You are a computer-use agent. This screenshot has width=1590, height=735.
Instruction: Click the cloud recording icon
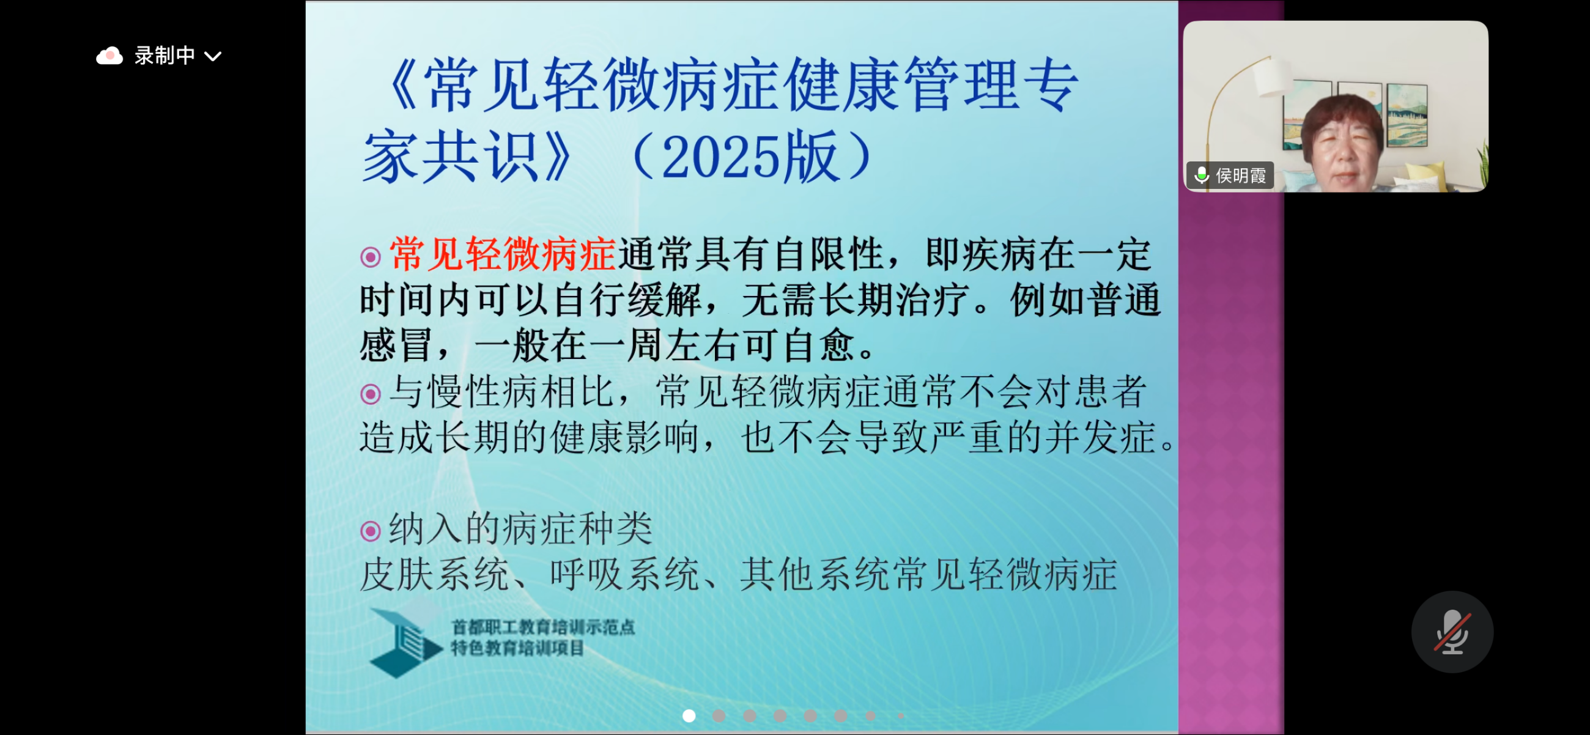[x=109, y=56]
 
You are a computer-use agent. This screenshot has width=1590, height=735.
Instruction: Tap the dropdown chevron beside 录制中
[x=213, y=57]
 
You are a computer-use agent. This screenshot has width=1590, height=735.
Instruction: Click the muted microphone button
[x=1452, y=631]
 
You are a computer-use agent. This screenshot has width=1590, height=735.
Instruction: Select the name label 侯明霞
[x=1241, y=176]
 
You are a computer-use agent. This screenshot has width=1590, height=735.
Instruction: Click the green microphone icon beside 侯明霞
[x=1201, y=176]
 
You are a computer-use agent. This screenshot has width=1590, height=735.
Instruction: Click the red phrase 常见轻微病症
[x=503, y=254]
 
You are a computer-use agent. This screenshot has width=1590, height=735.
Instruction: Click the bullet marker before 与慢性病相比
[x=371, y=394]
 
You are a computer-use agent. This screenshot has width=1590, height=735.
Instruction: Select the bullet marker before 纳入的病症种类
[x=371, y=531]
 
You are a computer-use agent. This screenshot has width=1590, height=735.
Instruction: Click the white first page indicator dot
[x=689, y=715]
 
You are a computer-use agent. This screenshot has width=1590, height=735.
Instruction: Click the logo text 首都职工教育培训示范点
[x=543, y=627]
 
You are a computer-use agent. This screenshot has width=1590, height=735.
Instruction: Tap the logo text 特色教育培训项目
[x=517, y=648]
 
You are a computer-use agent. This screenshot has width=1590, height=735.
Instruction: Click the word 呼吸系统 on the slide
[x=624, y=575]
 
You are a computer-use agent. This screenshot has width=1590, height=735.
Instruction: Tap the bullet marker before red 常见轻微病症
[x=371, y=257]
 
